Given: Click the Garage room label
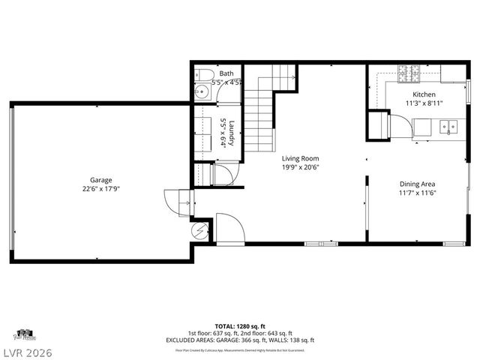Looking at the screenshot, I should tap(101, 180).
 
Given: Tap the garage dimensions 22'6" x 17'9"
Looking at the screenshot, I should tap(101, 190).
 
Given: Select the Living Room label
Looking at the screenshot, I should tap(301, 158).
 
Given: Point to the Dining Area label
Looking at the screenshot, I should tap(418, 184).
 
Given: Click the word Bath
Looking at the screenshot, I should tap(226, 73).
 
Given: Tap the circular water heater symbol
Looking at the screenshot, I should tap(200, 230).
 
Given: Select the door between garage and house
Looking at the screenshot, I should tap(177, 201).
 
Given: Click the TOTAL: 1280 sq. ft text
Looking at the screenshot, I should tap(240, 326).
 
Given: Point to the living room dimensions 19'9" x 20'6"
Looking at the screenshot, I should tap(301, 168).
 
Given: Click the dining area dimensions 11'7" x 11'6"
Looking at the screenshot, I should tap(418, 193).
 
